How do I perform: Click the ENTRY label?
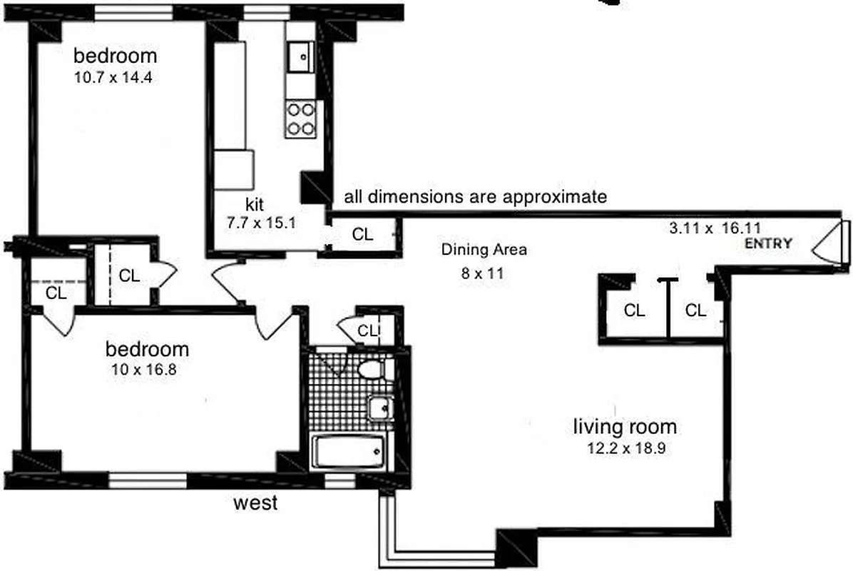[x=768, y=243]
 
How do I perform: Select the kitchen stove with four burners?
[x=300, y=119]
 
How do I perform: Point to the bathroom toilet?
[x=373, y=369]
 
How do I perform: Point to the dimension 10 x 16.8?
[x=147, y=369]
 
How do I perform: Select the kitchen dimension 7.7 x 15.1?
[x=260, y=223]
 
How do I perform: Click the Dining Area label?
[x=484, y=250]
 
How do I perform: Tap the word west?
[x=256, y=503]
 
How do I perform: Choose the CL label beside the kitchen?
[x=362, y=235]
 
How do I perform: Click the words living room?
[x=625, y=428]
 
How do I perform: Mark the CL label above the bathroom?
[x=367, y=330]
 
